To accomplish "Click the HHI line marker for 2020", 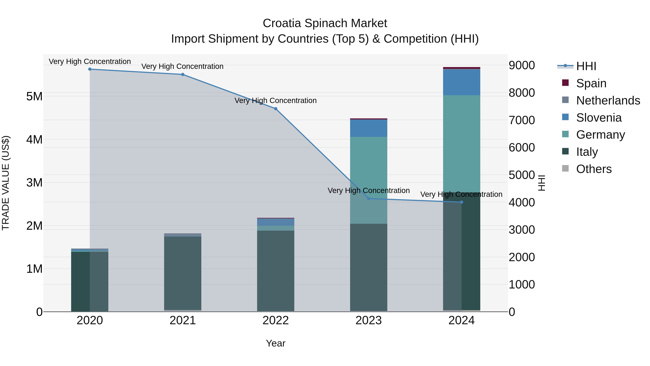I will tap(90, 69).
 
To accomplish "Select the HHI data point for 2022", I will tap(276, 109).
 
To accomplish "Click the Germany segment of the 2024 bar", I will tap(461, 144).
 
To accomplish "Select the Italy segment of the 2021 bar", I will tap(183, 273).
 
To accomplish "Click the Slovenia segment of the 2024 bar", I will tap(461, 82).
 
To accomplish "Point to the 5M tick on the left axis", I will tap(34, 97).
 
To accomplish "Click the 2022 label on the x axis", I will tap(276, 320).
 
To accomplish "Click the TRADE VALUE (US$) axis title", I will tap(6, 183).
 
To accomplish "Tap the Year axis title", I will tap(276, 343).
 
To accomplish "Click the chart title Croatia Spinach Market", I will tap(325, 23).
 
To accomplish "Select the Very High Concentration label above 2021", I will tap(182, 67).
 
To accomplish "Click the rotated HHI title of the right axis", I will tap(541, 183).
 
